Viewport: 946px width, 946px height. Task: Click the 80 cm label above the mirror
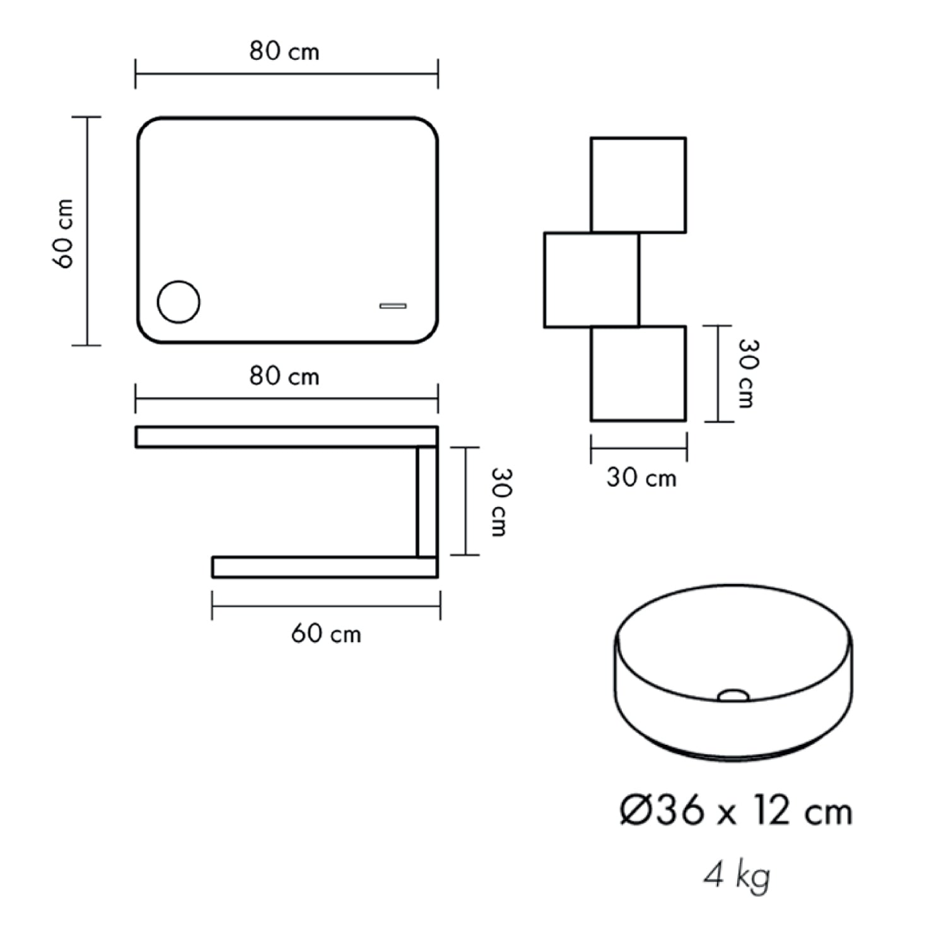(284, 51)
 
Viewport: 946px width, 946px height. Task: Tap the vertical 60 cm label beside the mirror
(65, 233)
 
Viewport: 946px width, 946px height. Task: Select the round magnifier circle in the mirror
(178, 302)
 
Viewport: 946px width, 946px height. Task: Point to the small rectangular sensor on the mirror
(392, 306)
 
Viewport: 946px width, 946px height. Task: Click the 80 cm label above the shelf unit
(284, 377)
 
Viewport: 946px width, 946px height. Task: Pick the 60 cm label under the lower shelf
(326, 633)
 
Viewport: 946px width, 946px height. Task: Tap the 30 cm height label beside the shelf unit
(499, 502)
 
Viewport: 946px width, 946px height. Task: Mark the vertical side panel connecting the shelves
(427, 501)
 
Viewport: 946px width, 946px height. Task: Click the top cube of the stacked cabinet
(638, 185)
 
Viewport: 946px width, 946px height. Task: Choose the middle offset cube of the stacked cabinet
(591, 280)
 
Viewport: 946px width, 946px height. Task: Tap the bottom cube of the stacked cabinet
(638, 373)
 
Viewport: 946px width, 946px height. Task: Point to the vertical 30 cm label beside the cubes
(747, 373)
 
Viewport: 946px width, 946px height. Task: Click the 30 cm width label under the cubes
(641, 478)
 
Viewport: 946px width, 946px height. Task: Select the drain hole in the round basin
(733, 695)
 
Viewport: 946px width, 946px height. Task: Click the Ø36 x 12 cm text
(736, 811)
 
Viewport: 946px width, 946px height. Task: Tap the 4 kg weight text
(737, 875)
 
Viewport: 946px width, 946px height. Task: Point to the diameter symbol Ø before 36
(634, 811)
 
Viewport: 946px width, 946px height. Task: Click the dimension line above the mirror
(286, 74)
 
